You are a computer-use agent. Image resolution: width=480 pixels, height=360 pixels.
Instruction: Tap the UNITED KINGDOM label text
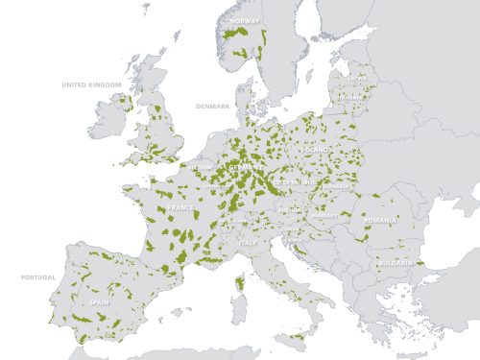[92, 85]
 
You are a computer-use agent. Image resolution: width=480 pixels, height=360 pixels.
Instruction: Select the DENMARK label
[213, 106]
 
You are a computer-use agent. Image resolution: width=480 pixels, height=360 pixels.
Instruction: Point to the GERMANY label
[247, 166]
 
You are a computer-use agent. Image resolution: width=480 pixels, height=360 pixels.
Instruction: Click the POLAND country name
[314, 151]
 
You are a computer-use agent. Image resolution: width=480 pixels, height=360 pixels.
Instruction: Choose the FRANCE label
[180, 207]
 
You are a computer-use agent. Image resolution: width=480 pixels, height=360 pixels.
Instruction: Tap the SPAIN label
[98, 301]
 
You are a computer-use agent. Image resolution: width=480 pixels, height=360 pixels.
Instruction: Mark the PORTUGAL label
[38, 277]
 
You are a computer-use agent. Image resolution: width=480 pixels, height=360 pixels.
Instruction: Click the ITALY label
[249, 243]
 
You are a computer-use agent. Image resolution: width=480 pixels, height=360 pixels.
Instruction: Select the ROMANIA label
[380, 221]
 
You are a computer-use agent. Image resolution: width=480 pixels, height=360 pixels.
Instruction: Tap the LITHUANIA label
[351, 96]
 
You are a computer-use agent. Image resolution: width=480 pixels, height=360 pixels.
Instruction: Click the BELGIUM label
[202, 167]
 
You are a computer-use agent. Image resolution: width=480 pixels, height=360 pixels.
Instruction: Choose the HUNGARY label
[324, 215]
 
